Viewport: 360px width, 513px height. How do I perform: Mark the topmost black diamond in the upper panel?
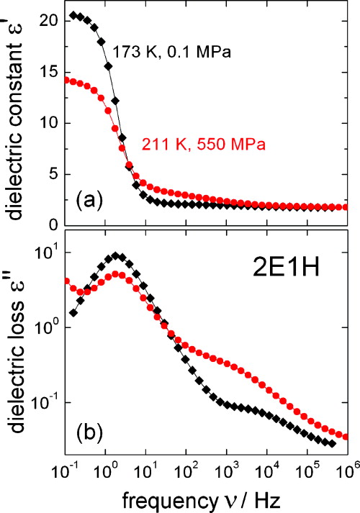point(73,15)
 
